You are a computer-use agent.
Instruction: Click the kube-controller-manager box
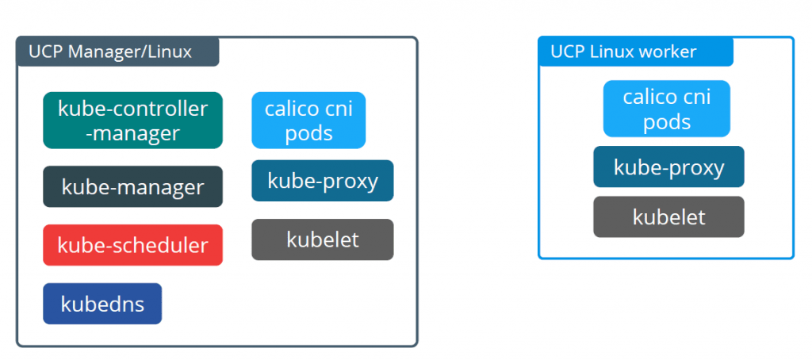[x=132, y=121]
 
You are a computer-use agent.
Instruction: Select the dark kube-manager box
[x=132, y=186]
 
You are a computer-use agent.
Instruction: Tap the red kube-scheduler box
[x=132, y=245]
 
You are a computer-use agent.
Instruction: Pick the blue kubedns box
[x=102, y=304]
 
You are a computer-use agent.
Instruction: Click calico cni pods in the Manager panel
[x=308, y=121]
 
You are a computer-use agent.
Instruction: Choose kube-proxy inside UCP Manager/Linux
[x=323, y=180]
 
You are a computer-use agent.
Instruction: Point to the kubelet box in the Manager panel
[x=323, y=239]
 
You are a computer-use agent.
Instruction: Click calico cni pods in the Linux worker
[x=666, y=109]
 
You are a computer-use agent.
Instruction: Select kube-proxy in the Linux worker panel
[x=668, y=167]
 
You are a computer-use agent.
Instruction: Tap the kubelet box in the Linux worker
[x=668, y=217]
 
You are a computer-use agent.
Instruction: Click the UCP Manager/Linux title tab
[x=117, y=52]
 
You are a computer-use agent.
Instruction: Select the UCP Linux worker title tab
[x=636, y=52]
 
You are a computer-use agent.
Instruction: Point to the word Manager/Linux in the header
[x=130, y=52]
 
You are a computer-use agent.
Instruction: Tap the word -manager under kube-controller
[x=132, y=133]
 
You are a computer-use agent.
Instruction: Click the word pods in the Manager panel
[x=308, y=133]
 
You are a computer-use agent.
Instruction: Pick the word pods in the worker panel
[x=667, y=122]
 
